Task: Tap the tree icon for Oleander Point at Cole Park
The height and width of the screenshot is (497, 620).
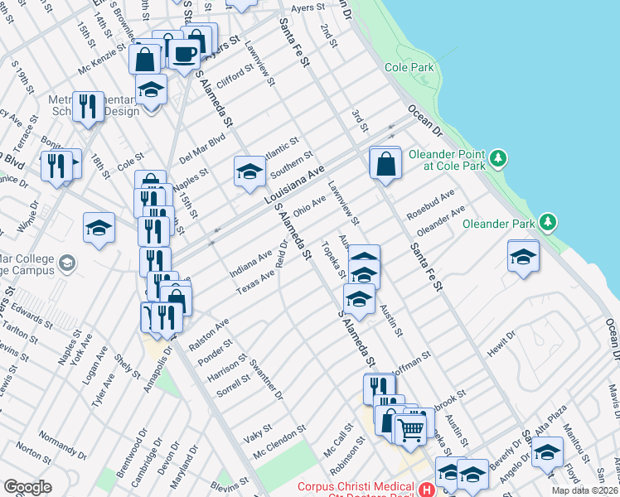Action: point(497,157)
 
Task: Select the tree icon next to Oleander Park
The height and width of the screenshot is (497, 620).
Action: point(547,221)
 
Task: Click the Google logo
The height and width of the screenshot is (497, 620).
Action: point(27,487)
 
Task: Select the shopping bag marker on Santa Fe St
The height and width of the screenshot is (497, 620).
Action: point(386,162)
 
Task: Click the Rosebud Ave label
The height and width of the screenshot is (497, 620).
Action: point(431,205)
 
